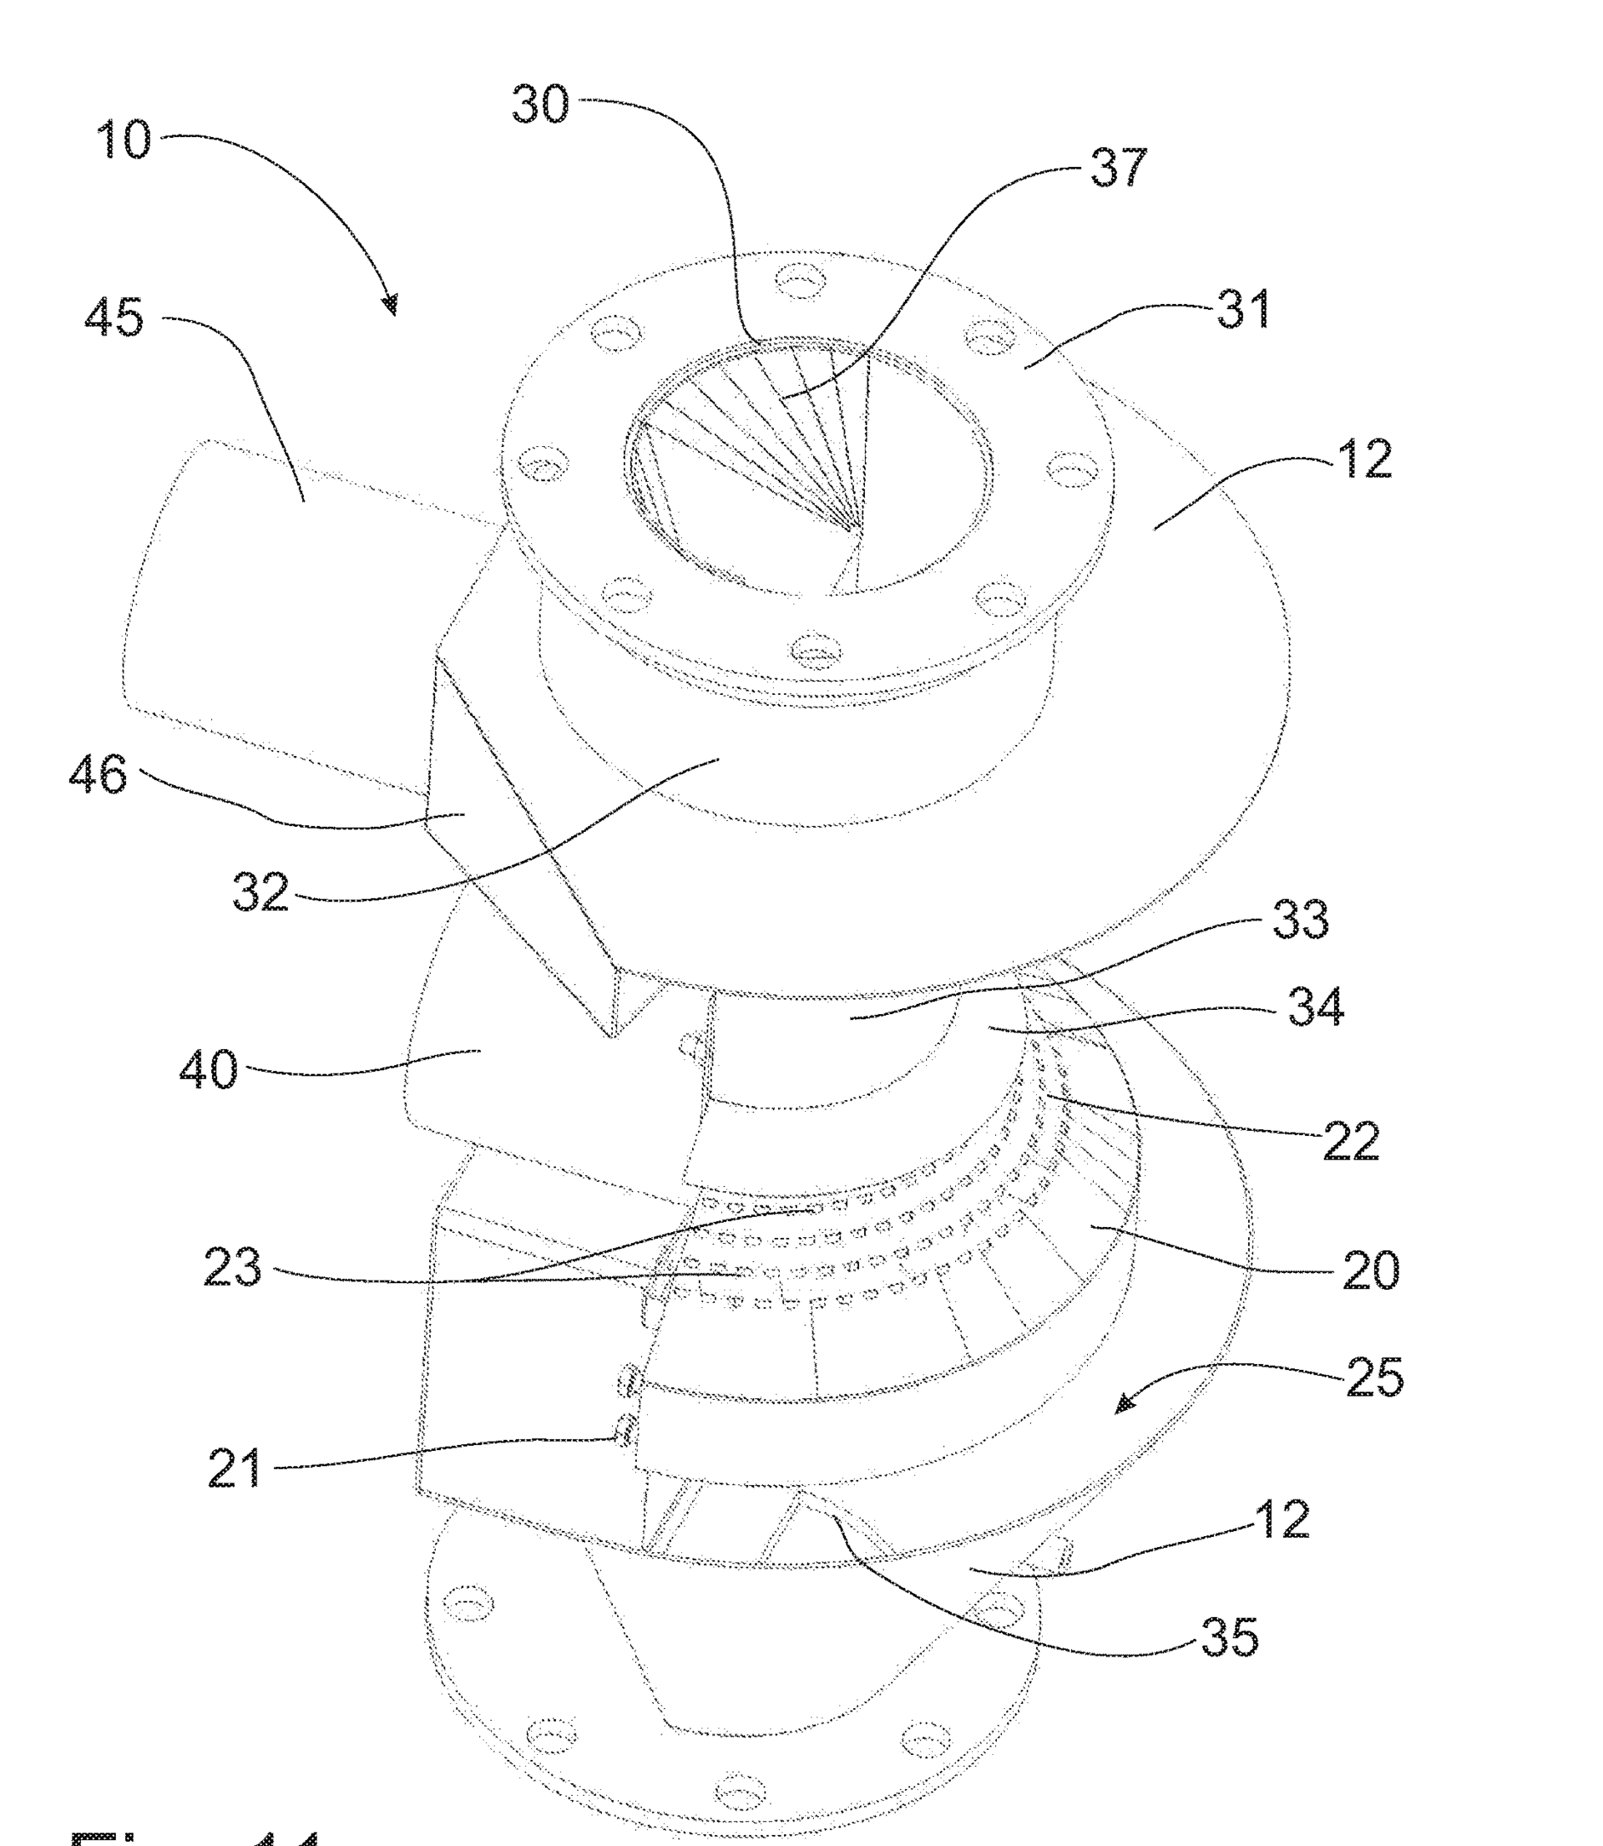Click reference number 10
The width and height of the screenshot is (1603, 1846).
coord(124,140)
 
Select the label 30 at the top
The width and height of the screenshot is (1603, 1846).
coord(540,104)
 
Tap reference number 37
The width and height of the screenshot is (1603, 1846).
coord(1118,167)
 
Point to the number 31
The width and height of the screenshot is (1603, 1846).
coord(1243,310)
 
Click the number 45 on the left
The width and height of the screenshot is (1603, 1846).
coord(114,317)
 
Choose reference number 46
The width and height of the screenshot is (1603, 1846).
coord(98,774)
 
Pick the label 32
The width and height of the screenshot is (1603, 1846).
coord(260,892)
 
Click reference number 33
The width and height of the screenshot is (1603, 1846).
coord(1301,919)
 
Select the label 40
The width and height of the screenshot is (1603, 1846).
coord(209,1069)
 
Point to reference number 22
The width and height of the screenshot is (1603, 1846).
coord(1351,1141)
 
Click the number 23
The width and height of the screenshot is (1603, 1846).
coord(233,1268)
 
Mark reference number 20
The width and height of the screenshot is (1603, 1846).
coord(1370,1270)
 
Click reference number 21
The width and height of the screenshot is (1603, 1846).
coord(235,1468)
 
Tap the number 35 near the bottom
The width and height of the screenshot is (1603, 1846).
coord(1229,1636)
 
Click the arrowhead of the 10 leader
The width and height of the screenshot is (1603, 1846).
coord(391,309)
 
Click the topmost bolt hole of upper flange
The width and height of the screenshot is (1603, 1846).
coord(799,279)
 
